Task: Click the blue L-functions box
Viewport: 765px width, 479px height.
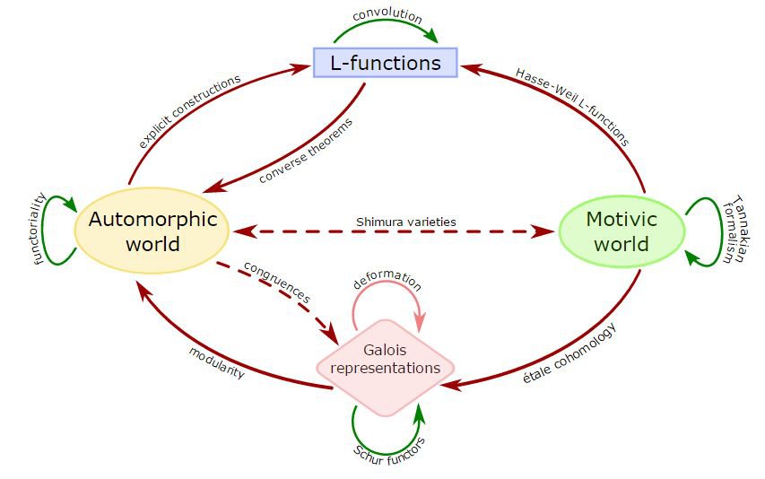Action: click(386, 63)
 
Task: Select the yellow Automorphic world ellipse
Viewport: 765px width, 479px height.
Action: click(147, 231)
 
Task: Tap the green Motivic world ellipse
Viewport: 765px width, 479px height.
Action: click(622, 231)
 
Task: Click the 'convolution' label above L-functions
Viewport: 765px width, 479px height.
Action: click(387, 15)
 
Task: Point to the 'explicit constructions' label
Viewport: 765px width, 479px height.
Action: click(190, 111)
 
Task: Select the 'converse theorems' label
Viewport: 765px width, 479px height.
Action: click(306, 149)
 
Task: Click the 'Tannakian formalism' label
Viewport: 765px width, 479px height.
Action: click(733, 230)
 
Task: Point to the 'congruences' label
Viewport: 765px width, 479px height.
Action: click(277, 281)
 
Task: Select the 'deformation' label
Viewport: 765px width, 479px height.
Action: click(387, 280)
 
